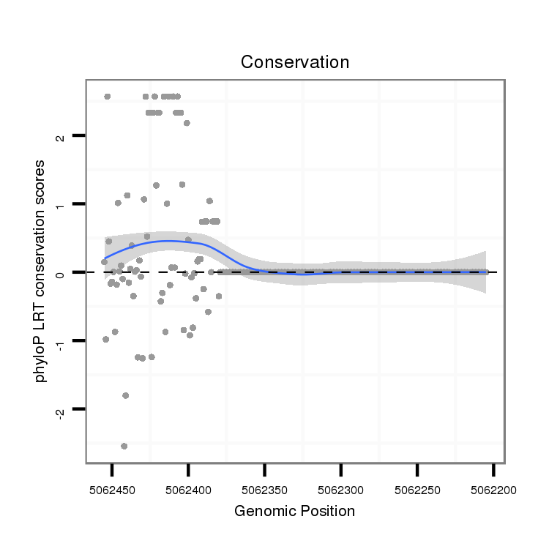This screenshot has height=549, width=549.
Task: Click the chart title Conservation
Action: point(295,62)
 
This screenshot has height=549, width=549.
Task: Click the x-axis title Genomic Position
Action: point(294,511)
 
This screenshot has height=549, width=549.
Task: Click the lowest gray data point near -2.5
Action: point(124,446)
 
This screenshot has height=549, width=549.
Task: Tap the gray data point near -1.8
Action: point(125,395)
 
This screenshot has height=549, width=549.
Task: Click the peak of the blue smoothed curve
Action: point(168,240)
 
